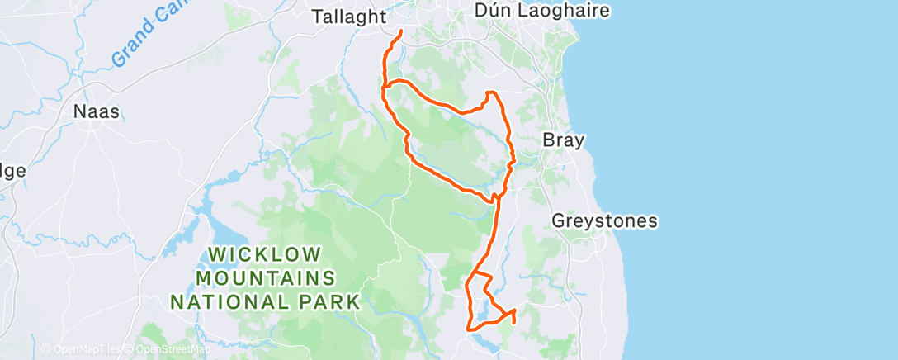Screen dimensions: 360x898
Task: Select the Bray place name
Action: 563,140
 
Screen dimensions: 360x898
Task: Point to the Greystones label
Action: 604,220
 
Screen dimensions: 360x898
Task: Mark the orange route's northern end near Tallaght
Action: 401,31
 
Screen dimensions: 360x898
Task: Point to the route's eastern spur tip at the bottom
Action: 514,310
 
